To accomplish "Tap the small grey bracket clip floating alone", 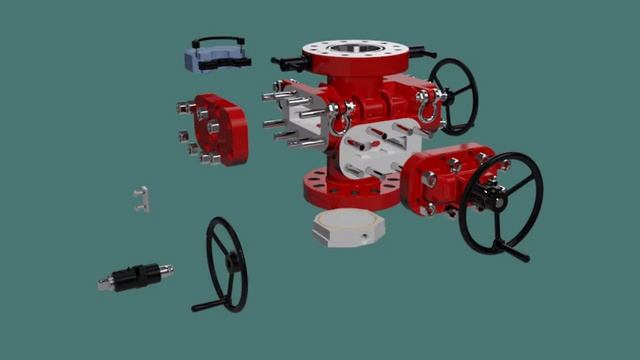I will pos(142,198).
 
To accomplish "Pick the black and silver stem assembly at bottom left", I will pos(135,276).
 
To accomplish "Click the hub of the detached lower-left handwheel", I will pos(230,262).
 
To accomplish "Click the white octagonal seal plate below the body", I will pos(347,227).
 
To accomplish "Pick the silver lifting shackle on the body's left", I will pos(338,122).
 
